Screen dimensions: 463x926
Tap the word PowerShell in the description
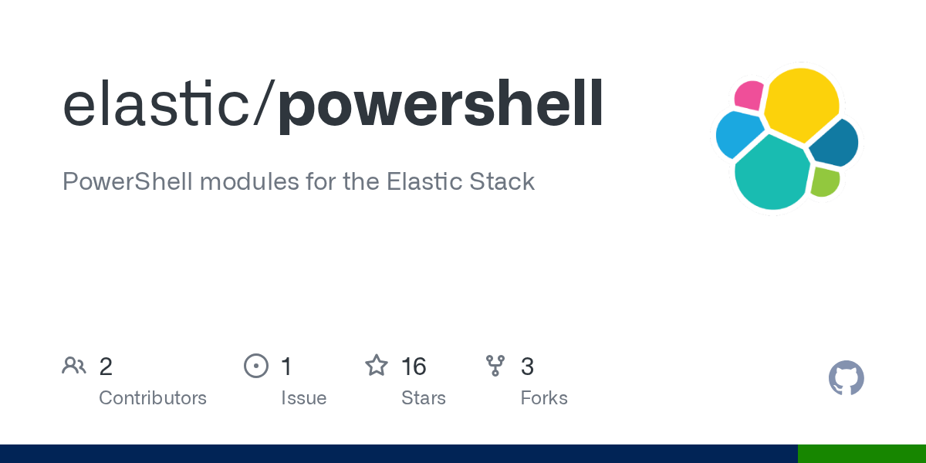(x=127, y=182)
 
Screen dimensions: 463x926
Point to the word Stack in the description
(x=502, y=182)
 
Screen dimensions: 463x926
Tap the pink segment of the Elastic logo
(x=748, y=94)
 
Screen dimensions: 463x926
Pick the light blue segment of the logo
(x=738, y=133)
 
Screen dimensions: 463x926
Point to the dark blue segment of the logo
(x=836, y=144)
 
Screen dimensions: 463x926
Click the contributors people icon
(x=74, y=366)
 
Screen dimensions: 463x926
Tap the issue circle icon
(x=255, y=366)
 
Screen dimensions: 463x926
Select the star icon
(x=377, y=366)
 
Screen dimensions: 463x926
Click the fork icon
(x=495, y=366)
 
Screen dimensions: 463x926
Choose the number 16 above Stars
(x=414, y=367)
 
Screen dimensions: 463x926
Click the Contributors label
(x=153, y=398)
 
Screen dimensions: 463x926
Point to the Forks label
(x=544, y=398)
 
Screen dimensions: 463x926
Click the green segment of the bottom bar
(x=861, y=454)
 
